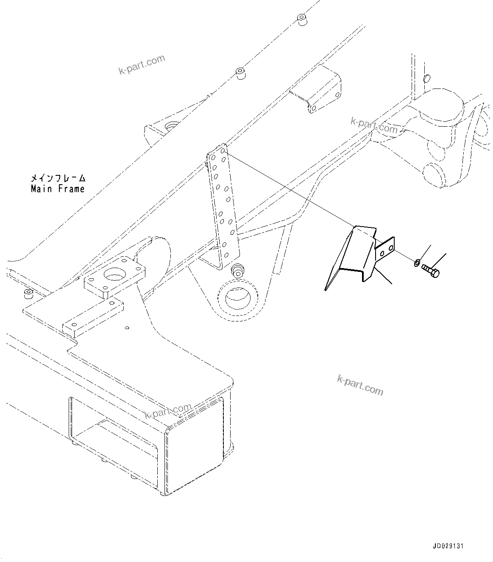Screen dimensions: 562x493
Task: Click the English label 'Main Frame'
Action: pyautogui.click(x=58, y=189)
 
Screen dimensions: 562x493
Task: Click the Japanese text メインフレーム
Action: pyautogui.click(x=58, y=177)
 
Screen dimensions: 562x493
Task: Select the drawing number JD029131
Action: pyautogui.click(x=448, y=546)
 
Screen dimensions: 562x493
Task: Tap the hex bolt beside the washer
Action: pyautogui.click(x=431, y=272)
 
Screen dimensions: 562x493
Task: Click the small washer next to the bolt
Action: pyautogui.click(x=417, y=264)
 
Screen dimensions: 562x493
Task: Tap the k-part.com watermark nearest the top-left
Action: pyautogui.click(x=141, y=64)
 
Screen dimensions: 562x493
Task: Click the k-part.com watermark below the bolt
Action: pyautogui.click(x=360, y=385)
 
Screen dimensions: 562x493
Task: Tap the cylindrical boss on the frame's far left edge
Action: pyautogui.click(x=28, y=293)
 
